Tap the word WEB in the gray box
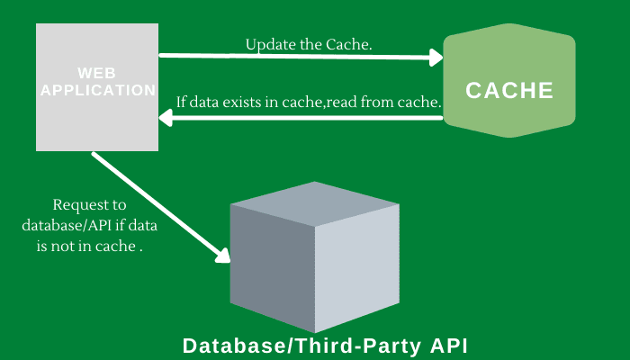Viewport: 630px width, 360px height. pos(96,72)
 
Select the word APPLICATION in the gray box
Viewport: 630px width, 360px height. pos(98,90)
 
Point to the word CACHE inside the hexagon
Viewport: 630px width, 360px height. pos(509,91)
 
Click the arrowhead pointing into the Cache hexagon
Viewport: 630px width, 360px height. pos(437,58)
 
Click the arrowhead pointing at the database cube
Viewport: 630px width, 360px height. pos(221,256)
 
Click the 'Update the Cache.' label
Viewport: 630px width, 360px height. pos(308,44)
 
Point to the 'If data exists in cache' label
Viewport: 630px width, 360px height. pos(309,103)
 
